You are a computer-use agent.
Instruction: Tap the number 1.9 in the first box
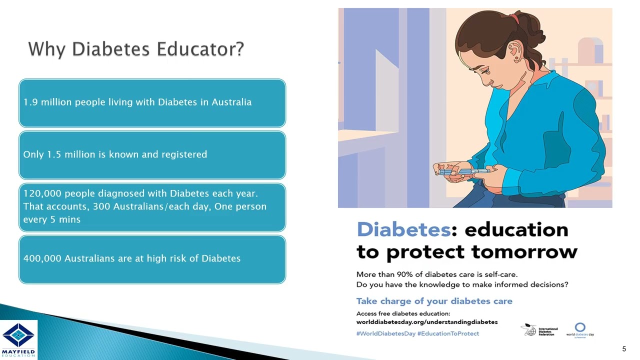pyautogui.click(x=31, y=102)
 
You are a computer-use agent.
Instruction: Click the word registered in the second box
pyautogui.click(x=183, y=154)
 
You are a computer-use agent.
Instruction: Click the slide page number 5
pyautogui.click(x=624, y=348)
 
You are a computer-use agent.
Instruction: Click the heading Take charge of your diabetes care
pyautogui.click(x=434, y=301)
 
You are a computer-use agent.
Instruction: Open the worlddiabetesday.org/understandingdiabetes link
pyautogui.click(x=426, y=322)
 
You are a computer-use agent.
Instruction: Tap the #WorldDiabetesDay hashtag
pyautogui.click(x=385, y=333)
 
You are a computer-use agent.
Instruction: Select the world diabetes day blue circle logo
pyautogui.click(x=580, y=328)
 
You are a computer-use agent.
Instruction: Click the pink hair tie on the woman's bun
pyautogui.click(x=514, y=19)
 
